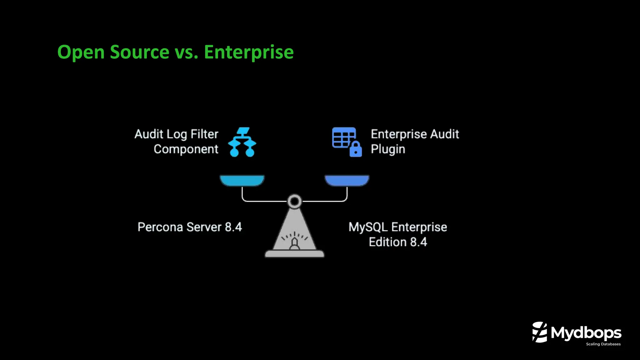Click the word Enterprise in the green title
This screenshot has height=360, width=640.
pos(249,52)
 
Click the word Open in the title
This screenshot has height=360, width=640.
pos(81,52)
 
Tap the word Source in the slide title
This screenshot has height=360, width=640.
pos(139,52)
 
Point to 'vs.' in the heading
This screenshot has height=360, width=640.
pos(187,52)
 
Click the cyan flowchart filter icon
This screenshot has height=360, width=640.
pos(242,142)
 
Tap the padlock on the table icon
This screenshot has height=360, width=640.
pos(356,150)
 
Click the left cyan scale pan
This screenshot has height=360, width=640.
pos(242,181)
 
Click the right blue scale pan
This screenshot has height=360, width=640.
pos(347,181)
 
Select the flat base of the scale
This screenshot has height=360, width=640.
pos(294,254)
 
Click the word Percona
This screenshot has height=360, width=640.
pos(160,227)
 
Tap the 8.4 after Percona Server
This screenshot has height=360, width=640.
pos(233,227)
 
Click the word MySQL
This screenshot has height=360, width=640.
pos(368,227)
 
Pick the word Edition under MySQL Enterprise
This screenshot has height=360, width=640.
pos(388,242)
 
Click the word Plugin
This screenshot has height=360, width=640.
pos(388,149)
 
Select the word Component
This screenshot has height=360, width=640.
pos(186,149)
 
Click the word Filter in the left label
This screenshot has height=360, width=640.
pos(204,134)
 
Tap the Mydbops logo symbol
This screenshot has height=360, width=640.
pos(540,332)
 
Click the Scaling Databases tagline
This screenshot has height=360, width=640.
pos(603,344)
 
